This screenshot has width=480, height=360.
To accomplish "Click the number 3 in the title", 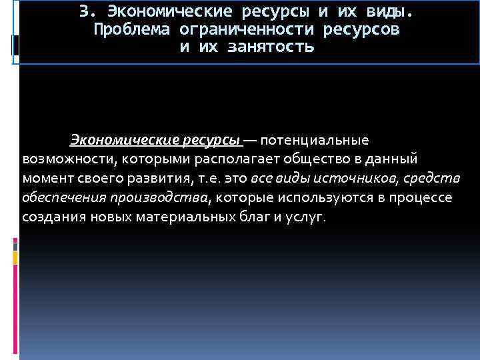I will [x=83, y=12].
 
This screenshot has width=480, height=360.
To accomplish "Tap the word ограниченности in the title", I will [x=247, y=31].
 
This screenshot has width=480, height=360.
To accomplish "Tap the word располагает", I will [x=237, y=160].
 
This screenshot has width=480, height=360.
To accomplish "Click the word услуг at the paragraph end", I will [x=308, y=218].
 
